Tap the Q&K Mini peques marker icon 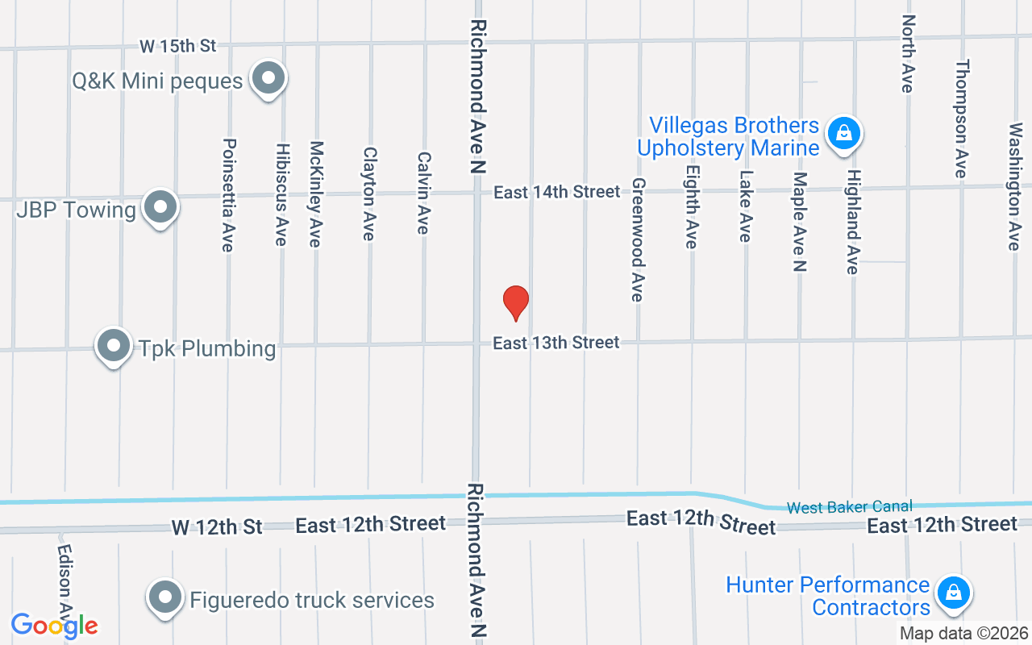pos(268,79)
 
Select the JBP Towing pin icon pos(160,207)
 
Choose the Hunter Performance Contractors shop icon pos(954,593)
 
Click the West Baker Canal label pos(850,507)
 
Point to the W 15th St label pos(177,46)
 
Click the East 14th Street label pos(557,192)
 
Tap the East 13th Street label pos(556,343)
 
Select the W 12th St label pos(217,527)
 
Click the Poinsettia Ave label pos(228,194)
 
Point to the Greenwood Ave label pos(638,240)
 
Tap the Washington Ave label pos(1014,186)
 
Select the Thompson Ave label pos(960,119)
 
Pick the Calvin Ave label pos(423,193)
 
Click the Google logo pos(54,626)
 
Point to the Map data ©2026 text pos(964,633)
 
